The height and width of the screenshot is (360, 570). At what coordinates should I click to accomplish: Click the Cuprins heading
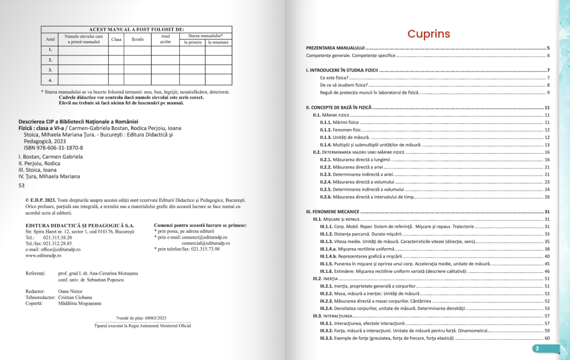[x=429, y=34]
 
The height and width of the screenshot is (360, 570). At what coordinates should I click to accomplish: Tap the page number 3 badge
[x=537, y=348]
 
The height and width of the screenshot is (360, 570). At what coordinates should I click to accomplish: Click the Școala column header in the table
[x=137, y=40]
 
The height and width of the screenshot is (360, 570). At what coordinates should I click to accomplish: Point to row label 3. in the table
[x=50, y=70]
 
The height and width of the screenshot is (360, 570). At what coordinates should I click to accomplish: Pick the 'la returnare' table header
[x=218, y=43]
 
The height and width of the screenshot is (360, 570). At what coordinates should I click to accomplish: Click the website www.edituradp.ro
[x=44, y=256]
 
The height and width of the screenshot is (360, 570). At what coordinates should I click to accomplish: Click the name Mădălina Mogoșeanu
[x=80, y=303]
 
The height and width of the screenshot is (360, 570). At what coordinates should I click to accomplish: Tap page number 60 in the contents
[x=547, y=338]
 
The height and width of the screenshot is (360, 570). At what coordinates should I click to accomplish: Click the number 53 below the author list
[x=22, y=185]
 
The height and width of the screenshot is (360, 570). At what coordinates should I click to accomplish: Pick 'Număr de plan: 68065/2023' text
[x=141, y=318]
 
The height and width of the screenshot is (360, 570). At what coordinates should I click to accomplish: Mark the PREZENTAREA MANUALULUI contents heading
[x=335, y=48]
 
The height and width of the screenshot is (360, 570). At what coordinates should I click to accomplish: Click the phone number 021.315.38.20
[x=57, y=238]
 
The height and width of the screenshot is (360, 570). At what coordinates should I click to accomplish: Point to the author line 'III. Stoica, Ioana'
[x=37, y=170]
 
